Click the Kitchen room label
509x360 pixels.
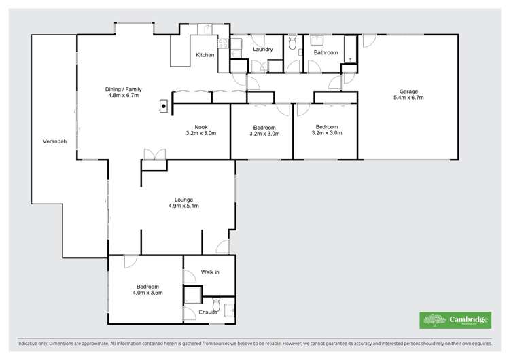click(x=205, y=55)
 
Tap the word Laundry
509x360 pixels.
click(x=262, y=49)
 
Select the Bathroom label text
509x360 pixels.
click(x=326, y=52)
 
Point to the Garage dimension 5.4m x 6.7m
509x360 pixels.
click(x=408, y=98)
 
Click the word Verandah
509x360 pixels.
click(x=54, y=142)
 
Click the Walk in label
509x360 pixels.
click(x=210, y=272)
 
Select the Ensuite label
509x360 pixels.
click(x=207, y=312)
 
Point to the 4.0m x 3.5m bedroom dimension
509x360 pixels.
click(x=147, y=293)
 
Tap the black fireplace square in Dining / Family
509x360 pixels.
click(x=164, y=106)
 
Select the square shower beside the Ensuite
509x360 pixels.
click(x=193, y=295)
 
